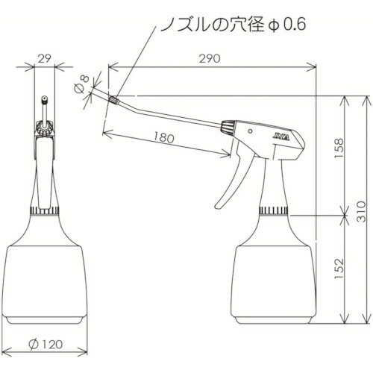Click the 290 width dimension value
(x=210, y=58)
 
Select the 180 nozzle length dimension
(x=164, y=137)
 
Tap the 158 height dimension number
(x=339, y=148)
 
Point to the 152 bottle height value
(x=339, y=269)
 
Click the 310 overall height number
(x=361, y=211)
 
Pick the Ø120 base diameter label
(x=46, y=344)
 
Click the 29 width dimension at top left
(x=45, y=58)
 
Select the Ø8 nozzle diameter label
(x=82, y=84)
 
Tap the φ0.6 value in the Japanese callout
(x=286, y=25)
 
